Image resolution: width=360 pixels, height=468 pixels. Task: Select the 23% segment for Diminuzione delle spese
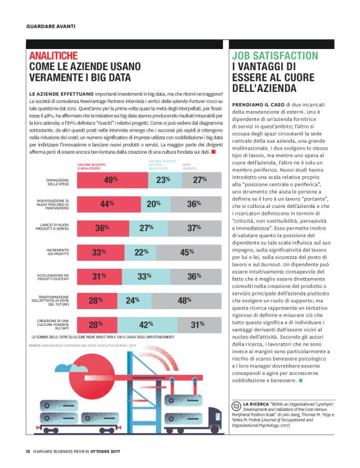tap(163, 180)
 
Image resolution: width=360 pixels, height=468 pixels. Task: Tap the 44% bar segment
tap(107, 204)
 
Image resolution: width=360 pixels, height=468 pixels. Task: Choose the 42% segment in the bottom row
tap(146, 324)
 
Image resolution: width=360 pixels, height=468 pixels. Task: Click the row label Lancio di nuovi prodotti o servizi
tap(52, 228)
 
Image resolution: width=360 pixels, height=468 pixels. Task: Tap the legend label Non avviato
tap(190, 166)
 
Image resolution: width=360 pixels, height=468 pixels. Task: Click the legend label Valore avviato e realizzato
tap(91, 166)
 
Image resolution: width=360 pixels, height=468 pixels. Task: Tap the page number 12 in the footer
tap(28, 451)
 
